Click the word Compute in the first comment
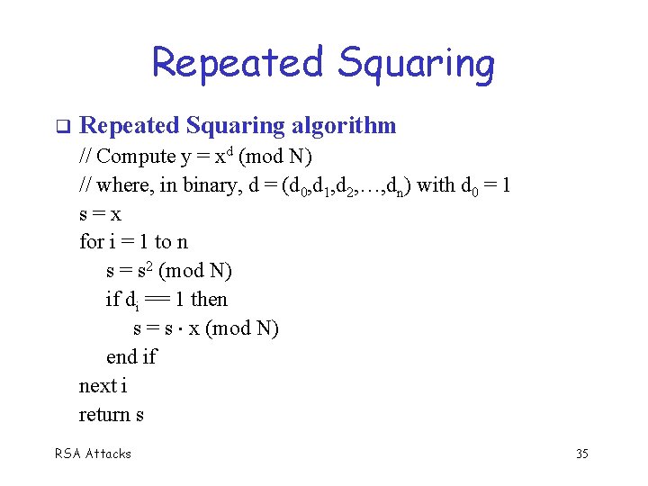[x=136, y=156]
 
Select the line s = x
[x=100, y=214]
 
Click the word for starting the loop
[x=91, y=241]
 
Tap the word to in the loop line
[x=163, y=241]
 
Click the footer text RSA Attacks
[x=94, y=454]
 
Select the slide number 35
[x=581, y=454]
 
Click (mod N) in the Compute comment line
[x=275, y=156]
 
